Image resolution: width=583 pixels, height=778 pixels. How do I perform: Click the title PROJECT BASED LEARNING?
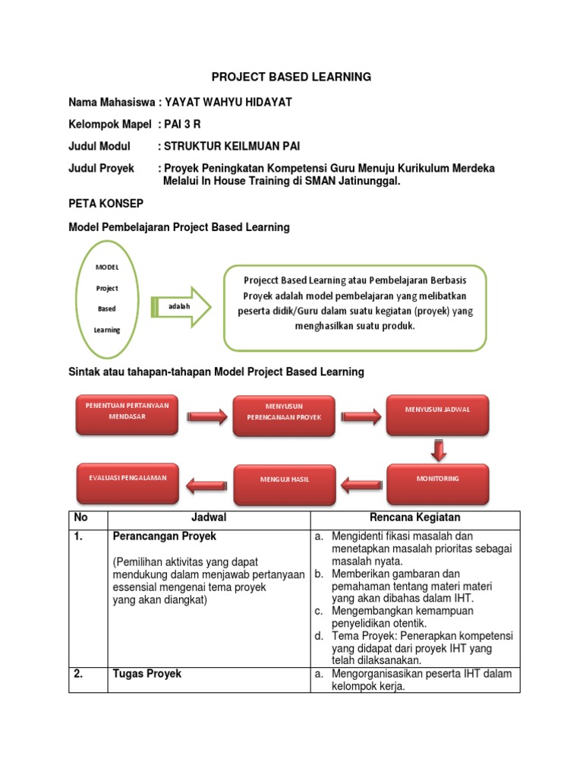point(291,77)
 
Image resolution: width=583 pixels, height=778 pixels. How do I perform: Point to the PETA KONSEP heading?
point(106,205)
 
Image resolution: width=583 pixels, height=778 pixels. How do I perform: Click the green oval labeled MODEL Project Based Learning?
point(107,299)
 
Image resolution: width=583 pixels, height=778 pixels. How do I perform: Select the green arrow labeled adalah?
point(181,306)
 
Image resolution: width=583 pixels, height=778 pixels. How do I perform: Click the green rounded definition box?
point(355,308)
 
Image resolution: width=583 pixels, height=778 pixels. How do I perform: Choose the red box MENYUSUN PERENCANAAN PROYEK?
point(283,415)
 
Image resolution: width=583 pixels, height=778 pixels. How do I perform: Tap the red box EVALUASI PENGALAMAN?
point(128,480)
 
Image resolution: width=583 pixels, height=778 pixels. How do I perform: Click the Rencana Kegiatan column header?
point(416,517)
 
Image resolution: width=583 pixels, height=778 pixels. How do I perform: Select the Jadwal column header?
point(209,517)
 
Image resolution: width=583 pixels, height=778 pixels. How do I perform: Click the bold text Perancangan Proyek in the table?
point(165,536)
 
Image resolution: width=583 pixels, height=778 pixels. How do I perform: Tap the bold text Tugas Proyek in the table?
point(147,674)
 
